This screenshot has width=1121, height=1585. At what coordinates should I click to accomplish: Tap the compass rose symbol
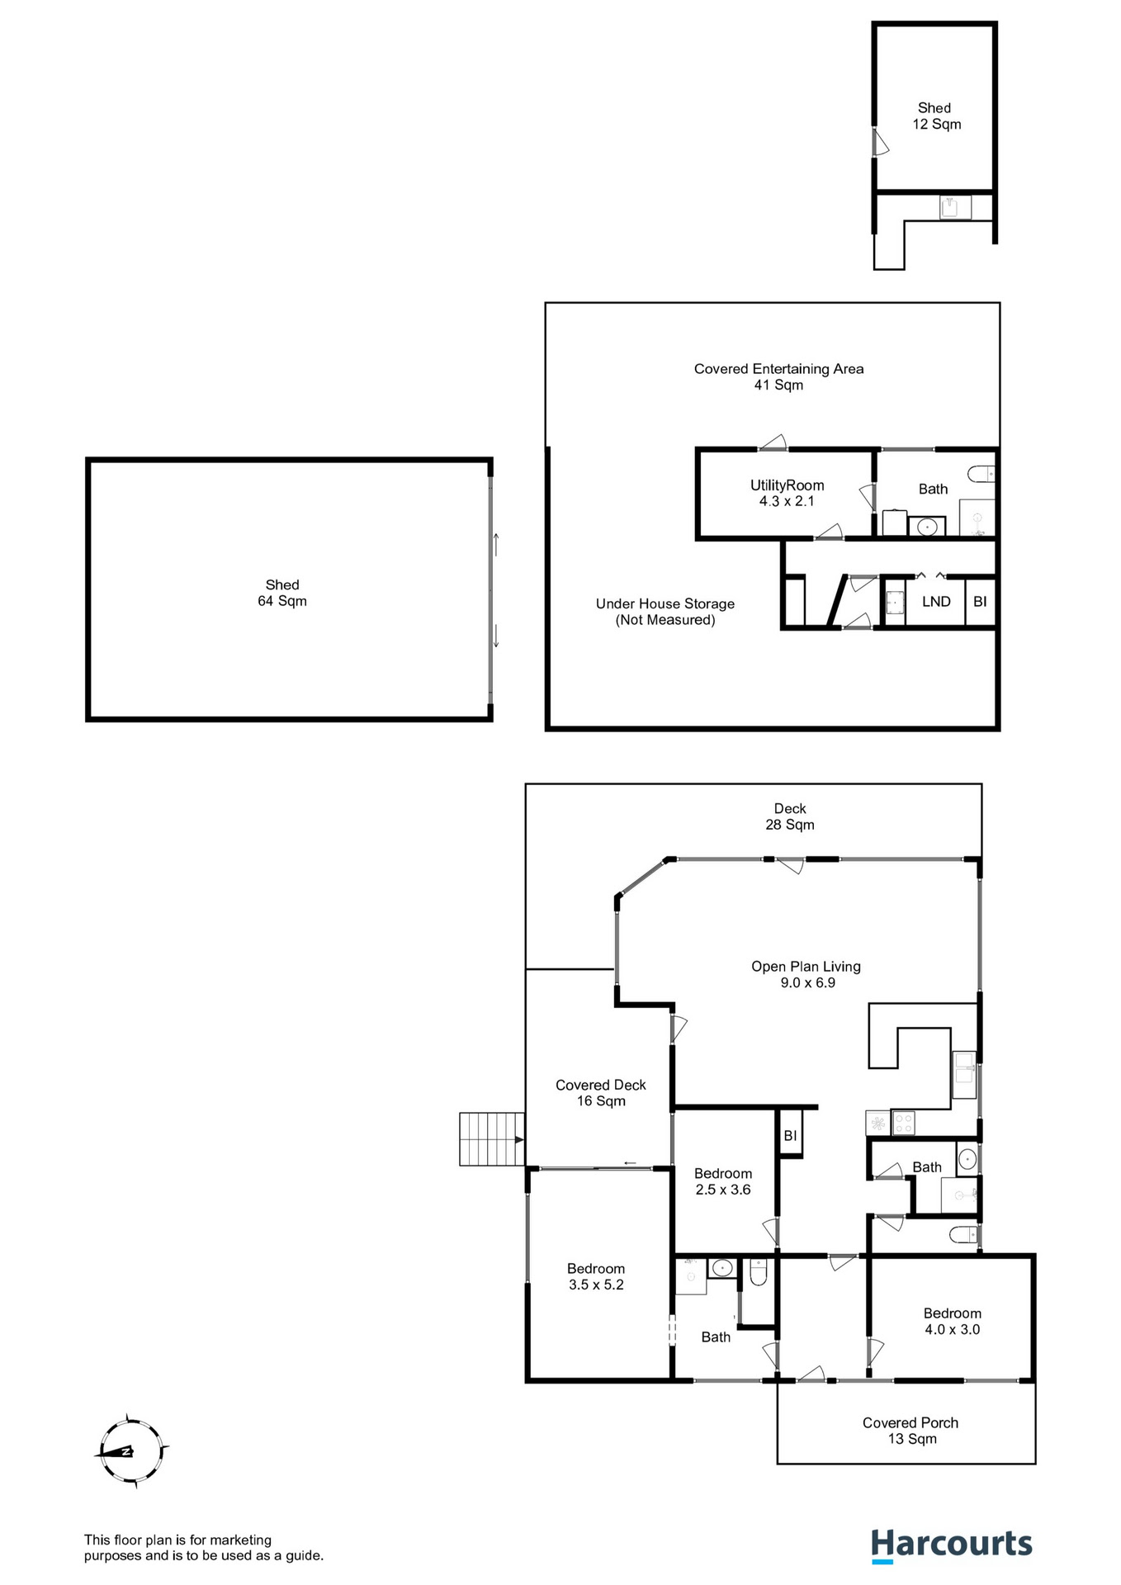(x=130, y=1450)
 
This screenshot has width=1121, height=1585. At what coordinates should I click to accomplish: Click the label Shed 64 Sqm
(x=282, y=593)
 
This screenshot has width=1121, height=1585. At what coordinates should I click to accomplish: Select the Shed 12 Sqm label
(x=936, y=116)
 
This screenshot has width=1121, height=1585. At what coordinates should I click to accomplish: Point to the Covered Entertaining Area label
(x=778, y=376)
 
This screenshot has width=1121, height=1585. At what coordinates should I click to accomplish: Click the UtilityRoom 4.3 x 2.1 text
(x=787, y=493)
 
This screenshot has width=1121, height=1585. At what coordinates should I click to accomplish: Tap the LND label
(x=936, y=602)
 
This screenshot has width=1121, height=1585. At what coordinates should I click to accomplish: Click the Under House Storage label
(x=665, y=612)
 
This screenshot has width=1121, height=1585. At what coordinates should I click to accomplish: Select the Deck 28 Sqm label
(x=790, y=816)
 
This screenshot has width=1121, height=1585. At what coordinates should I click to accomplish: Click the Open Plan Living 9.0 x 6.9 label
(x=806, y=974)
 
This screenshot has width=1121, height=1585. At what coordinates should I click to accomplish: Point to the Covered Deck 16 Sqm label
(x=600, y=1092)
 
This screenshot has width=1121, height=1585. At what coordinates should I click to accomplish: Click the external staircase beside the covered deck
(x=492, y=1139)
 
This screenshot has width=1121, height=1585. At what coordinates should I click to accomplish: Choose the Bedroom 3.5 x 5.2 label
(x=595, y=1276)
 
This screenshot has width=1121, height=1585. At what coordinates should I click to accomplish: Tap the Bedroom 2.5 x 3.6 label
(x=722, y=1181)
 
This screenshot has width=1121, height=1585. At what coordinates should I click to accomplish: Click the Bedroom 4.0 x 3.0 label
(x=952, y=1321)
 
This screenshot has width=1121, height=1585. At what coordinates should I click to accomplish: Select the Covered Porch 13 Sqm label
(x=911, y=1431)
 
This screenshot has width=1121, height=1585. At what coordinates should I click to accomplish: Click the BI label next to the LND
(x=980, y=602)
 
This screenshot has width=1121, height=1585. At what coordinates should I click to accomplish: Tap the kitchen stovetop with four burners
(x=904, y=1123)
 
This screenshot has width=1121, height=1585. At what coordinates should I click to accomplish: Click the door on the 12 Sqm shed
(x=881, y=142)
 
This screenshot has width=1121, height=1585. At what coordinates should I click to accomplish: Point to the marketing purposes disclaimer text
(x=203, y=1548)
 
